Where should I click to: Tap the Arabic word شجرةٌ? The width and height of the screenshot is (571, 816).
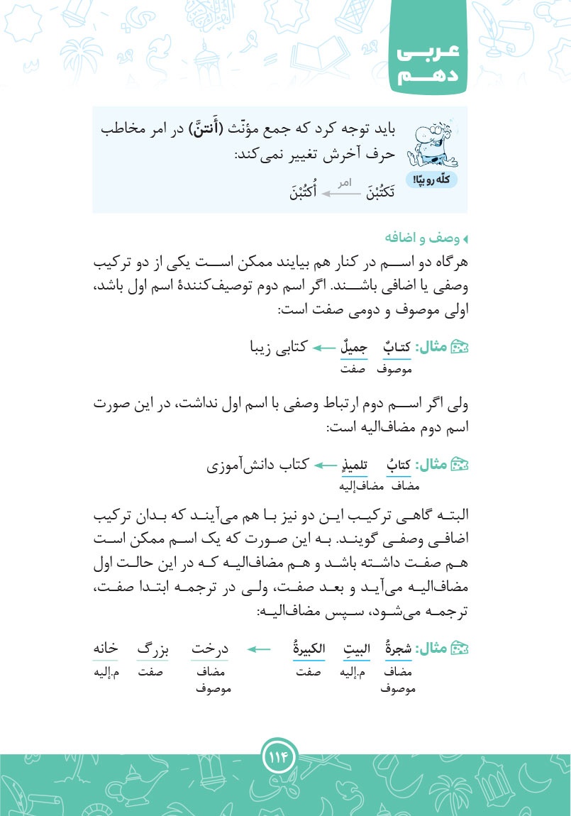[397, 648]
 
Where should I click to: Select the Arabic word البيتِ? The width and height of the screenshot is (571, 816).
[353, 648]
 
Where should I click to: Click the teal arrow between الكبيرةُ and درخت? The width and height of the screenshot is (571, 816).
[260, 648]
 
